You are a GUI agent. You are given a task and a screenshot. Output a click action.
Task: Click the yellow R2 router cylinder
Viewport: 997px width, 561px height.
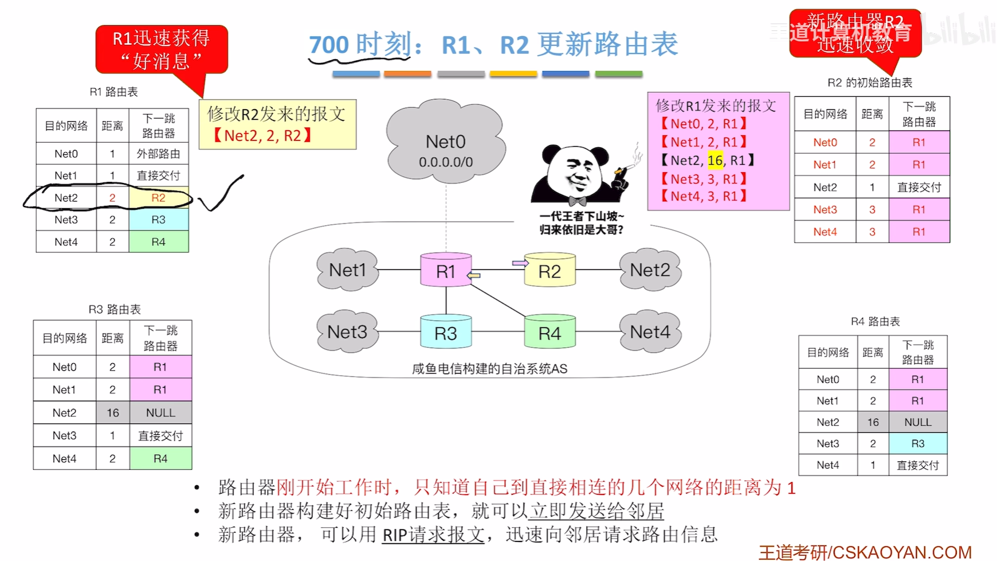click(549, 271)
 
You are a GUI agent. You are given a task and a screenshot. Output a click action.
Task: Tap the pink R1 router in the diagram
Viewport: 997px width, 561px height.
click(446, 271)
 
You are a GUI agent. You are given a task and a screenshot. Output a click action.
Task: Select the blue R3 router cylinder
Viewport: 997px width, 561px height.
click(446, 333)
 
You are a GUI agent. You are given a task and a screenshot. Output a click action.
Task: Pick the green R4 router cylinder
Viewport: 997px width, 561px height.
click(549, 333)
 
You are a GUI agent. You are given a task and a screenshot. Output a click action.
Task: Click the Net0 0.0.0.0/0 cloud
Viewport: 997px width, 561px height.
click(446, 143)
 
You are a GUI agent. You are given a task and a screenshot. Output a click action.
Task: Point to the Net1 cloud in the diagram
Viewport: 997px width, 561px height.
click(347, 270)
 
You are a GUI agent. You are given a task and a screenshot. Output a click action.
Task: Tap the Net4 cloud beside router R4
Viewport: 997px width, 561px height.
click(650, 332)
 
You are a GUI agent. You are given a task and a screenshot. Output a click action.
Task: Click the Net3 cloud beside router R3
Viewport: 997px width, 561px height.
click(347, 332)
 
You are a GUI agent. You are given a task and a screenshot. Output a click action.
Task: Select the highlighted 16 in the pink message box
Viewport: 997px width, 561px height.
click(715, 161)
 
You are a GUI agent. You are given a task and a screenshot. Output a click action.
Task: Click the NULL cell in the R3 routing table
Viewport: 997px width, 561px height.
click(160, 412)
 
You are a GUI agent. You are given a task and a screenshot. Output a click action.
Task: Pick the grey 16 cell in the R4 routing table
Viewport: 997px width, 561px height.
click(873, 422)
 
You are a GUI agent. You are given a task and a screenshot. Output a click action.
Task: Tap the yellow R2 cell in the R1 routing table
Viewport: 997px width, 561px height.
click(159, 198)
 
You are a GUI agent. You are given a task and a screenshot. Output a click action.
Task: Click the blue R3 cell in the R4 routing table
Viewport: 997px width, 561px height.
click(917, 443)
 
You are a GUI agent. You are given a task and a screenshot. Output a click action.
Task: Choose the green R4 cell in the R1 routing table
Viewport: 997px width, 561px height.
click(159, 242)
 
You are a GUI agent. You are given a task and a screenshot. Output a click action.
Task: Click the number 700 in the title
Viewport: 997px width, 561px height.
click(329, 45)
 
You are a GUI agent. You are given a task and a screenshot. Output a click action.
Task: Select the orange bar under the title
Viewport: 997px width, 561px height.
click(407, 74)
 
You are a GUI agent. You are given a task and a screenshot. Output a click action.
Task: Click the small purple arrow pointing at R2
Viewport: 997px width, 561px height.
click(520, 263)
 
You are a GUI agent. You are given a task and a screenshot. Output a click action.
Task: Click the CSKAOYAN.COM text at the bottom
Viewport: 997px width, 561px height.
click(902, 552)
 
